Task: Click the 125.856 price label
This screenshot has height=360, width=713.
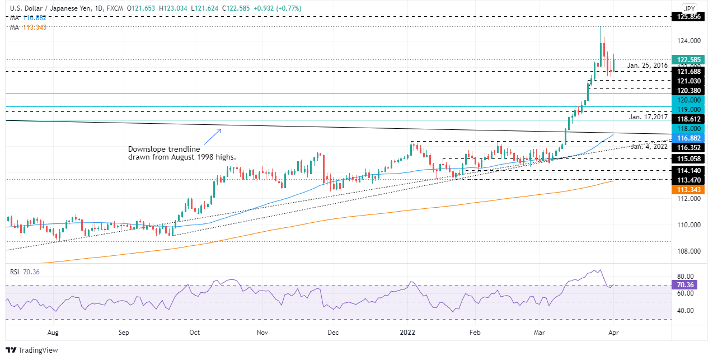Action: (687, 17)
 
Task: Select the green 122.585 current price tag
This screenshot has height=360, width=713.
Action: (687, 59)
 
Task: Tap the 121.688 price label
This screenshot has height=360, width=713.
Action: (687, 72)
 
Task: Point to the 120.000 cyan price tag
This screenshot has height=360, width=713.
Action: (687, 100)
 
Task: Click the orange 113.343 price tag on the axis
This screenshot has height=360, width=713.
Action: (687, 190)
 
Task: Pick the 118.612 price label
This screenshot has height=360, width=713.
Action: (687, 119)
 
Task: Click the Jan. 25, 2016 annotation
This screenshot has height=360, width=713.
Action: (648, 66)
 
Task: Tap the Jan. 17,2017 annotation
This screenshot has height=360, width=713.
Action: (648, 117)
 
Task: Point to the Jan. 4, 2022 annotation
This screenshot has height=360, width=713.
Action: (649, 147)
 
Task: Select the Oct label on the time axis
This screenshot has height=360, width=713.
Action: (194, 333)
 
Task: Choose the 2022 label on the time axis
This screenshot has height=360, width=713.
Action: (407, 333)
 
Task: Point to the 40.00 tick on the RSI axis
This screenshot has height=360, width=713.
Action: (688, 311)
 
